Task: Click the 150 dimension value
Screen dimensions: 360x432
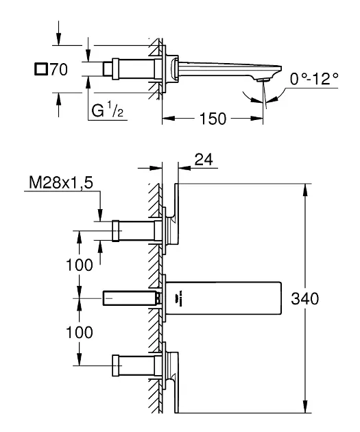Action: coord(213,119)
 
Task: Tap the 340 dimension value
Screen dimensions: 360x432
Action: coord(305,299)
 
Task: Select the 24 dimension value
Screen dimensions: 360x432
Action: coord(204,160)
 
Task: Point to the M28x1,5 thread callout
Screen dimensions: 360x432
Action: coord(61,182)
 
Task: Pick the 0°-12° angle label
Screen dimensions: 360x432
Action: coord(314,79)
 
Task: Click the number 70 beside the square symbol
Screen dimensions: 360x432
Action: coord(59,69)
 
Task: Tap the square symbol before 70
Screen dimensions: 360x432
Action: coord(41,69)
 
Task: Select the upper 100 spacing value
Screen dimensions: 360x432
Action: coord(80,265)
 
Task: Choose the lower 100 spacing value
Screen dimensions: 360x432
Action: coord(80,333)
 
